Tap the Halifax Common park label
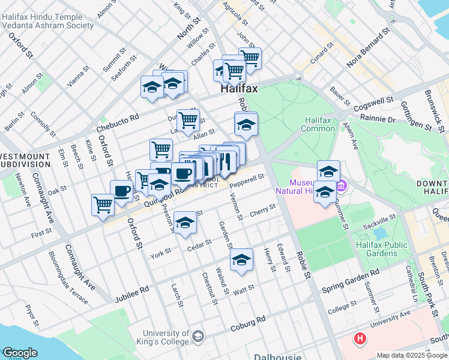pyautogui.click(x=319, y=124)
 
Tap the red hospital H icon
pyautogui.click(x=360, y=339)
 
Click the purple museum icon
pyautogui.click(x=342, y=186)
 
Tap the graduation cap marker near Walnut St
pyautogui.click(x=241, y=260)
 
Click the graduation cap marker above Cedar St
pyautogui.click(x=186, y=224)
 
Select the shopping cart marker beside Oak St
pyautogui.click(x=103, y=203)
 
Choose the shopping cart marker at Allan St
pyautogui.click(x=188, y=120)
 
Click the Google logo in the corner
pyautogui.click(x=19, y=353)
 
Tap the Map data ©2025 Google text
pyautogui.click(x=412, y=355)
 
